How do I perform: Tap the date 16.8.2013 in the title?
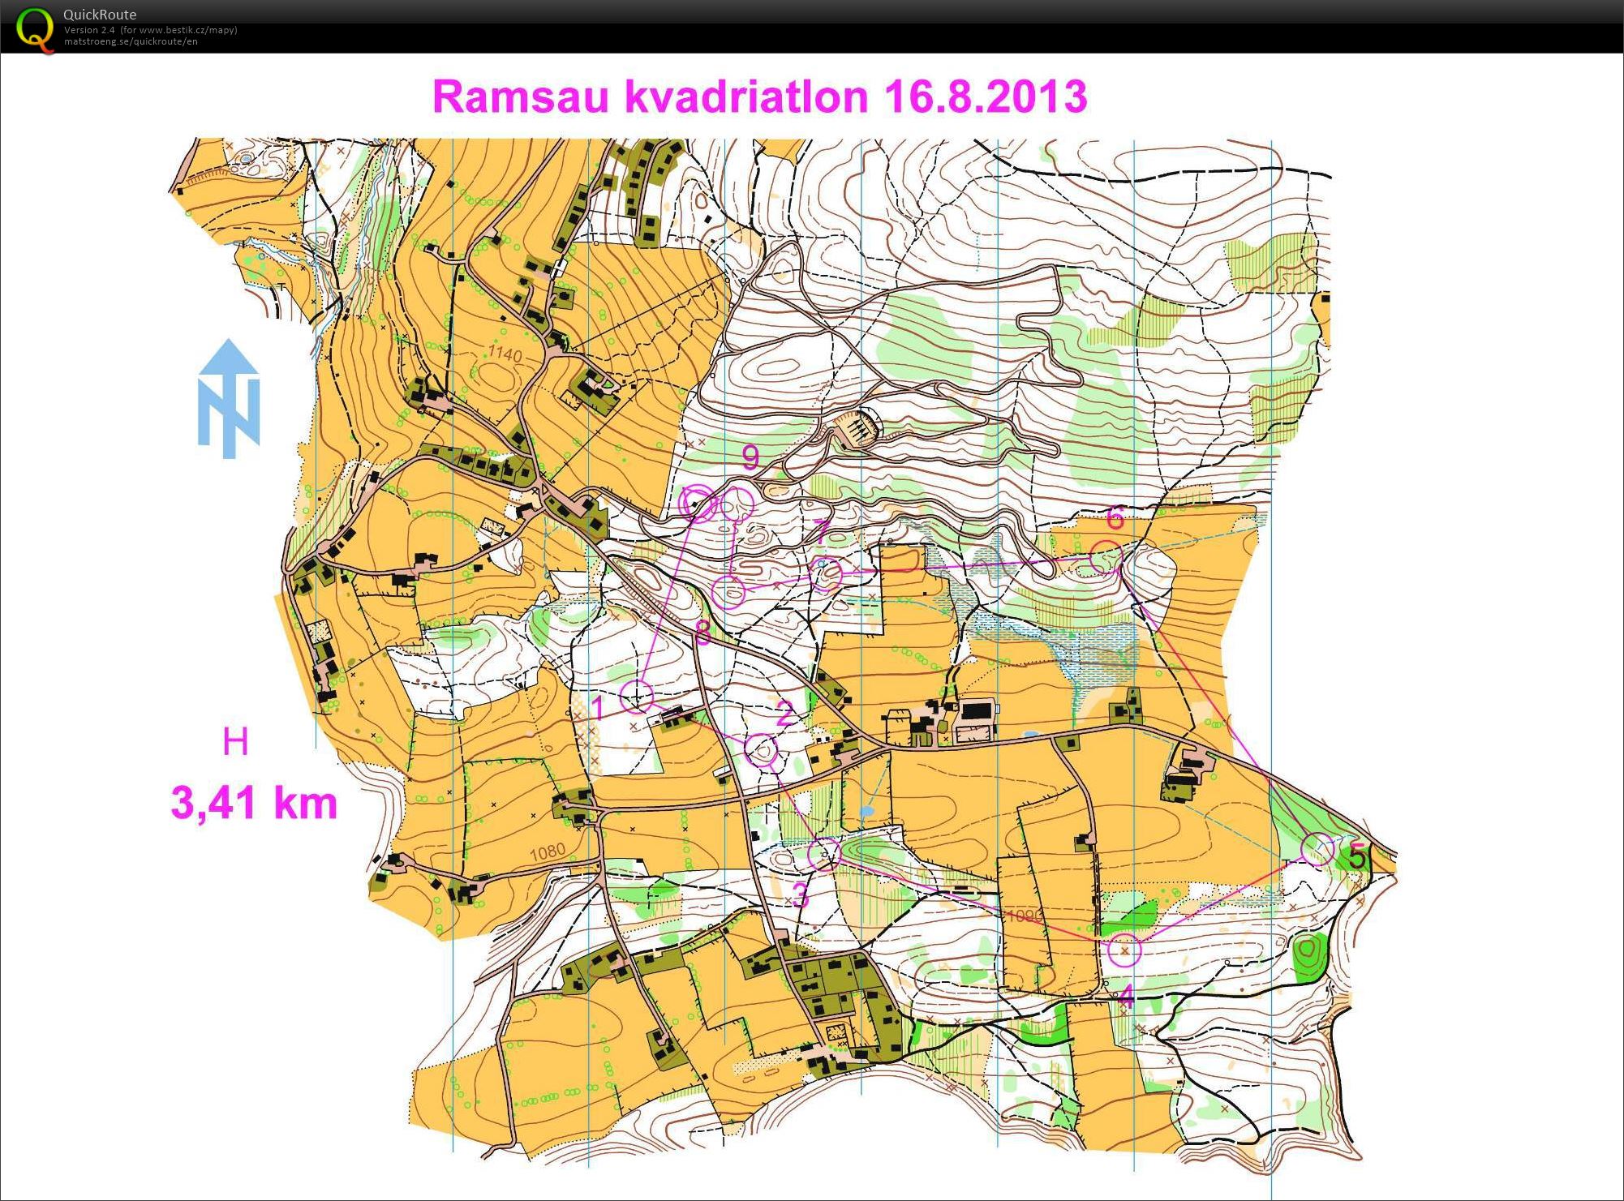click(985, 97)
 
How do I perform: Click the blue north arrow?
click(229, 398)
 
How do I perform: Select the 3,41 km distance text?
click(254, 803)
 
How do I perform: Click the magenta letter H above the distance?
click(235, 742)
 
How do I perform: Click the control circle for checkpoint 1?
click(637, 696)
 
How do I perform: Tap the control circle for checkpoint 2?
click(762, 751)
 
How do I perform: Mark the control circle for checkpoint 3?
click(824, 854)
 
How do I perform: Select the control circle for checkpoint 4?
click(1124, 950)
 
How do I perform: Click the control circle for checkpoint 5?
click(1317, 849)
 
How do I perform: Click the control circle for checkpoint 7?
click(826, 575)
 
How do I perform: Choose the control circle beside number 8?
click(728, 592)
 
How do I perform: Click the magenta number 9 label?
click(750, 458)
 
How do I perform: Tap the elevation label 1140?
click(505, 354)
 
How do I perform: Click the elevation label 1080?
click(547, 851)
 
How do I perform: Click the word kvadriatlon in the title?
click(745, 97)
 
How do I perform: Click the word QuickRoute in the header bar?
click(100, 14)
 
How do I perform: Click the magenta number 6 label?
click(1115, 517)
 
